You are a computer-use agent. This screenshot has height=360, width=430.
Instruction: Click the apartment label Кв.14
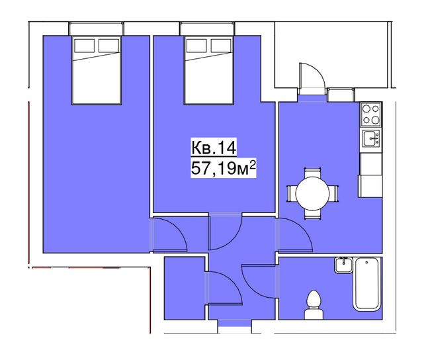[214, 148]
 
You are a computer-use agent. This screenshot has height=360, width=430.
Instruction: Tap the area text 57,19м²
[223, 167]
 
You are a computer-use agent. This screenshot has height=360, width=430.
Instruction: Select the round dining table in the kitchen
[312, 193]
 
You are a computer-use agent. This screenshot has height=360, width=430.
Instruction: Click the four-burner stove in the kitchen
[370, 114]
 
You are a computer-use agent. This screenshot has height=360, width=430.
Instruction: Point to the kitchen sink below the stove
[371, 139]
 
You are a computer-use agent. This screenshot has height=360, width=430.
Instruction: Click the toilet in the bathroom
[314, 305]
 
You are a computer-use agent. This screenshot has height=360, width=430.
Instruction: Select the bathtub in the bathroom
[367, 285]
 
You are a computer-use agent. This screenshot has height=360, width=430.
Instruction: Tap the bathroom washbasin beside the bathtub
[343, 265]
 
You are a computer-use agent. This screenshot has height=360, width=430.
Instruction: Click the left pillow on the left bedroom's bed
[85, 46]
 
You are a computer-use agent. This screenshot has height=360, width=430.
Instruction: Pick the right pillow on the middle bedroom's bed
[221, 46]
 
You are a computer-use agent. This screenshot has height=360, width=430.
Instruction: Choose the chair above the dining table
[312, 173]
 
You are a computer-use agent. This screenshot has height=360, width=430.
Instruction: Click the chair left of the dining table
[291, 193]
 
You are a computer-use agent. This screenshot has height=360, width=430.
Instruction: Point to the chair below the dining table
[312, 214]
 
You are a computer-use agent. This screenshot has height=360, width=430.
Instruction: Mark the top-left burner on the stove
[366, 109]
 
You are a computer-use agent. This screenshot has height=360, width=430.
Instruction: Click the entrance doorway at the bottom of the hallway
[235, 326]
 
